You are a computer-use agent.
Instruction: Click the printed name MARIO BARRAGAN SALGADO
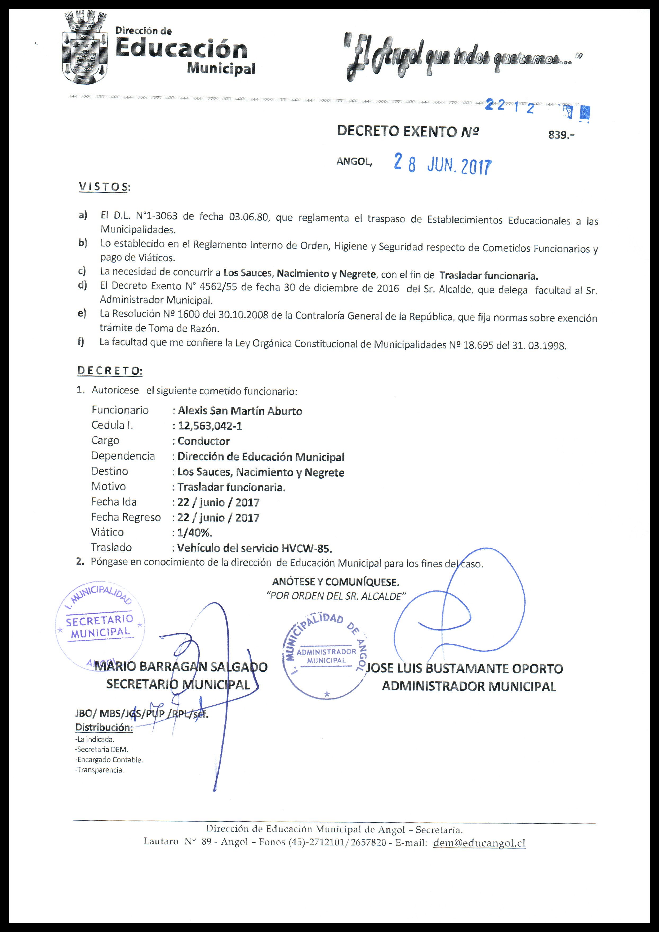[x=181, y=667]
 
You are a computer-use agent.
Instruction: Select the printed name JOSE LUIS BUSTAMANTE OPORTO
[x=465, y=669]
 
